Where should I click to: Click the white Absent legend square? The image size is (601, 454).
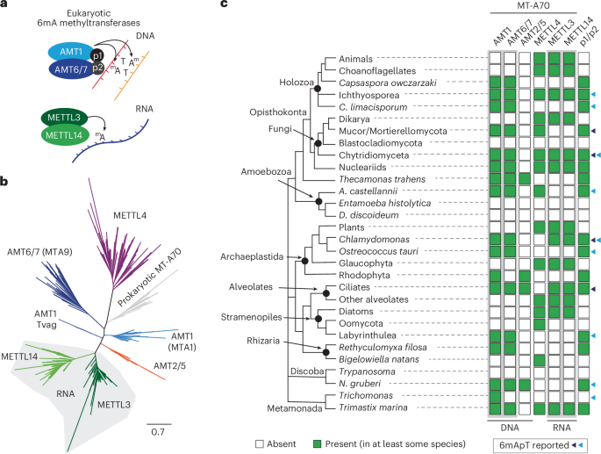pyautogui.click(x=260, y=443)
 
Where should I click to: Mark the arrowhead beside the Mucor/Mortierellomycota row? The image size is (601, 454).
pyautogui.click(x=596, y=130)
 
